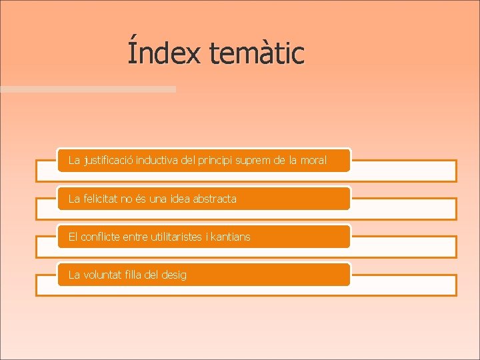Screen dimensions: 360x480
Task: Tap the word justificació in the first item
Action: point(109,161)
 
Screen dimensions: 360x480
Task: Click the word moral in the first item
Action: point(313,161)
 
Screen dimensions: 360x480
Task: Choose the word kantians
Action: point(231,237)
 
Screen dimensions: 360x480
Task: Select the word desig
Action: point(175,275)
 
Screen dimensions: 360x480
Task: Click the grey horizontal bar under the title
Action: point(87,89)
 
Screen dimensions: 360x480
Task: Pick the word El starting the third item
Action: point(73,237)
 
